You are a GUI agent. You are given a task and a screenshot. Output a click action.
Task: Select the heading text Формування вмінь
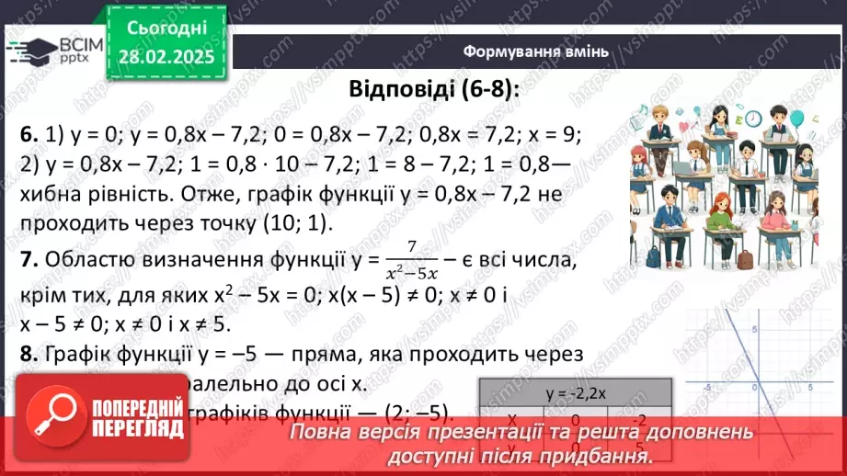(534, 51)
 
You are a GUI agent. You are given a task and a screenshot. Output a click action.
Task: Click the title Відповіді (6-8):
(433, 90)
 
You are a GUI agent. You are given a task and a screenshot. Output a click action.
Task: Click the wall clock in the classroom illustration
(752, 119)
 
